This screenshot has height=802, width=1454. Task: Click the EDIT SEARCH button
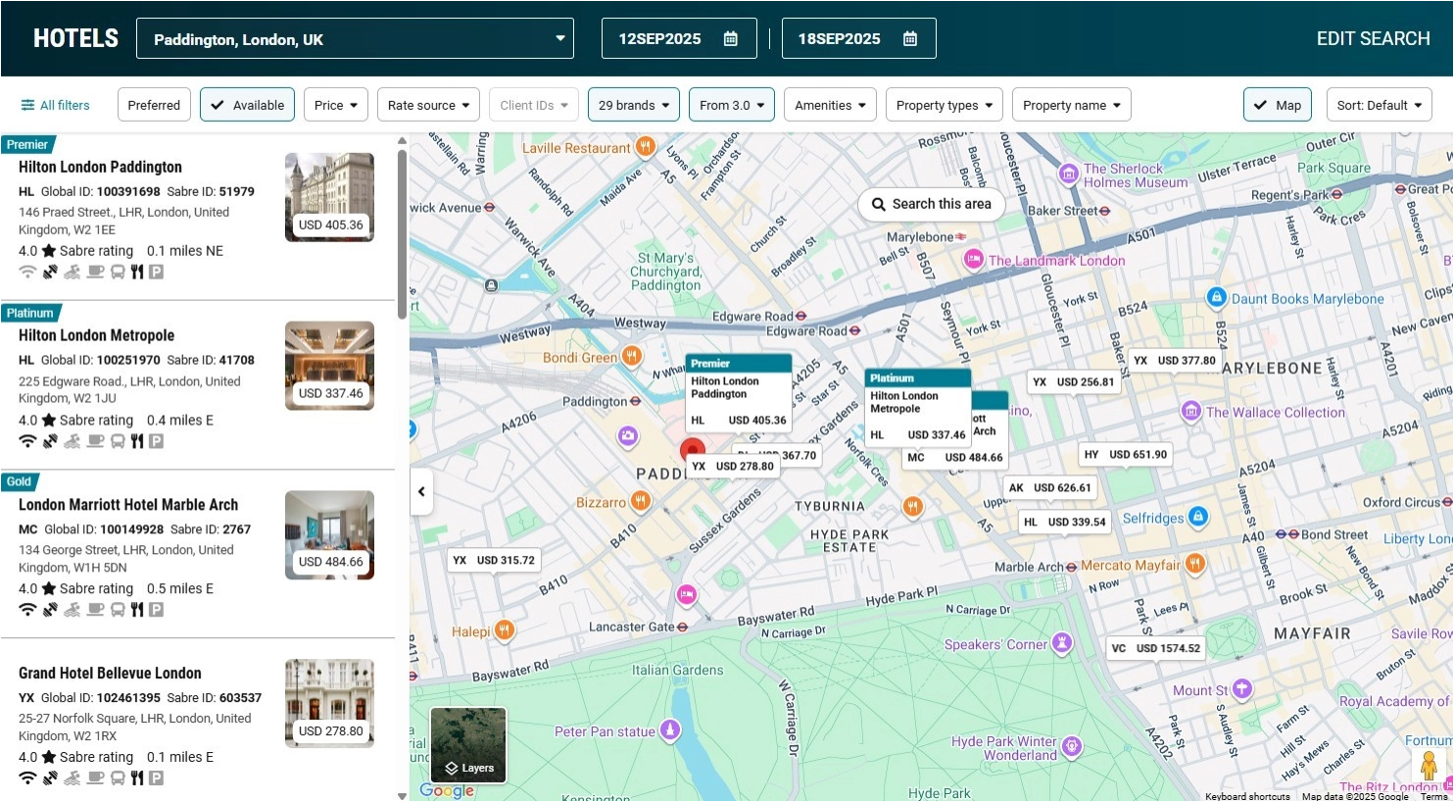tap(1373, 38)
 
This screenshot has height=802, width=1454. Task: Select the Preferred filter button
tap(154, 105)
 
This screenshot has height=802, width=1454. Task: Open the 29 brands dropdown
tap(633, 105)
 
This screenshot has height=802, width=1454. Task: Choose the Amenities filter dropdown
tap(830, 105)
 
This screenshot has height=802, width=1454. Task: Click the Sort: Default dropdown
tap(1379, 105)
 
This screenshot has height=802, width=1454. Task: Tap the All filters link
tap(55, 105)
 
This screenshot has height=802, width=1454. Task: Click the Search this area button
tap(931, 204)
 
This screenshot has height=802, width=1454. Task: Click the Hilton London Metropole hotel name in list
tap(96, 335)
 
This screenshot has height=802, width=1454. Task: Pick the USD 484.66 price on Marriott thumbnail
tap(330, 562)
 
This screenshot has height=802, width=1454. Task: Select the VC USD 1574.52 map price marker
tap(1155, 648)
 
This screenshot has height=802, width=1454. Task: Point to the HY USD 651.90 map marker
tap(1125, 454)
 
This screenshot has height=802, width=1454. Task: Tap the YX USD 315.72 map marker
tap(493, 560)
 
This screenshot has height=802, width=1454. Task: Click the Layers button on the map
tap(468, 745)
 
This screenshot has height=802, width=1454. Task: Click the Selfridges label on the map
tap(1152, 518)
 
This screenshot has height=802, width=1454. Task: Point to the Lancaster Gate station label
tap(631, 627)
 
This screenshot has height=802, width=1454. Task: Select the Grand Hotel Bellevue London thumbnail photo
tap(329, 702)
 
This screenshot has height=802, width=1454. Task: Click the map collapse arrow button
tap(421, 491)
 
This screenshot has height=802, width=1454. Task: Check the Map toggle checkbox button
tap(1275, 105)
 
